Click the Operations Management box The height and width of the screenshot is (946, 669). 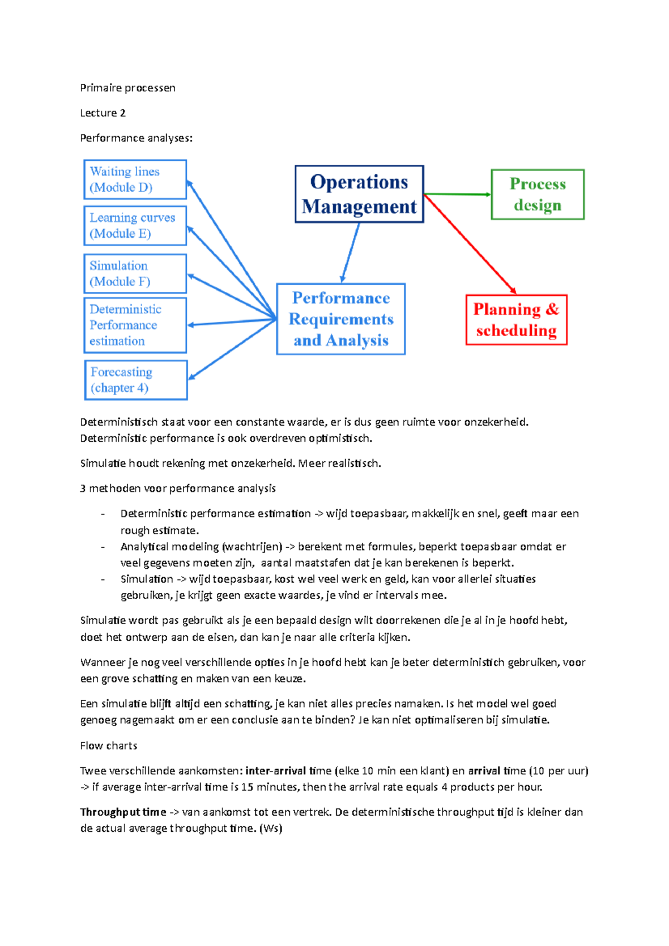[359, 194]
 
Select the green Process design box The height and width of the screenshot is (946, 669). [537, 194]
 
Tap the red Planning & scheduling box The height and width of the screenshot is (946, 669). [516, 320]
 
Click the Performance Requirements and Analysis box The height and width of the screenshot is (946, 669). [341, 319]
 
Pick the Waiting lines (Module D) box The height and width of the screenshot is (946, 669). [135, 179]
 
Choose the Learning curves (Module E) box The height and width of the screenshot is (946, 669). [135, 226]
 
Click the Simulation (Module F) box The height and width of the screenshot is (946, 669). [135, 274]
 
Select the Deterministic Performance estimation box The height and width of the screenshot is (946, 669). [135, 325]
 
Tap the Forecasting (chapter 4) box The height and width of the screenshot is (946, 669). [135, 380]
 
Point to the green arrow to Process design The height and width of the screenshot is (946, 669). [457, 194]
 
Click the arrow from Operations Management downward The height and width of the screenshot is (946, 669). [350, 252]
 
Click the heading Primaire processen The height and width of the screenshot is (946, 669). [128, 87]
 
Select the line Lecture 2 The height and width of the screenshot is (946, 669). [103, 113]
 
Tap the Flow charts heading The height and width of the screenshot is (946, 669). [109, 745]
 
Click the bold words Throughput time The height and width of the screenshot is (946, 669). [123, 812]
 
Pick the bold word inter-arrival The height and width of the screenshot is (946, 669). [275, 771]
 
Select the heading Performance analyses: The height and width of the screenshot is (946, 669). [136, 138]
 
